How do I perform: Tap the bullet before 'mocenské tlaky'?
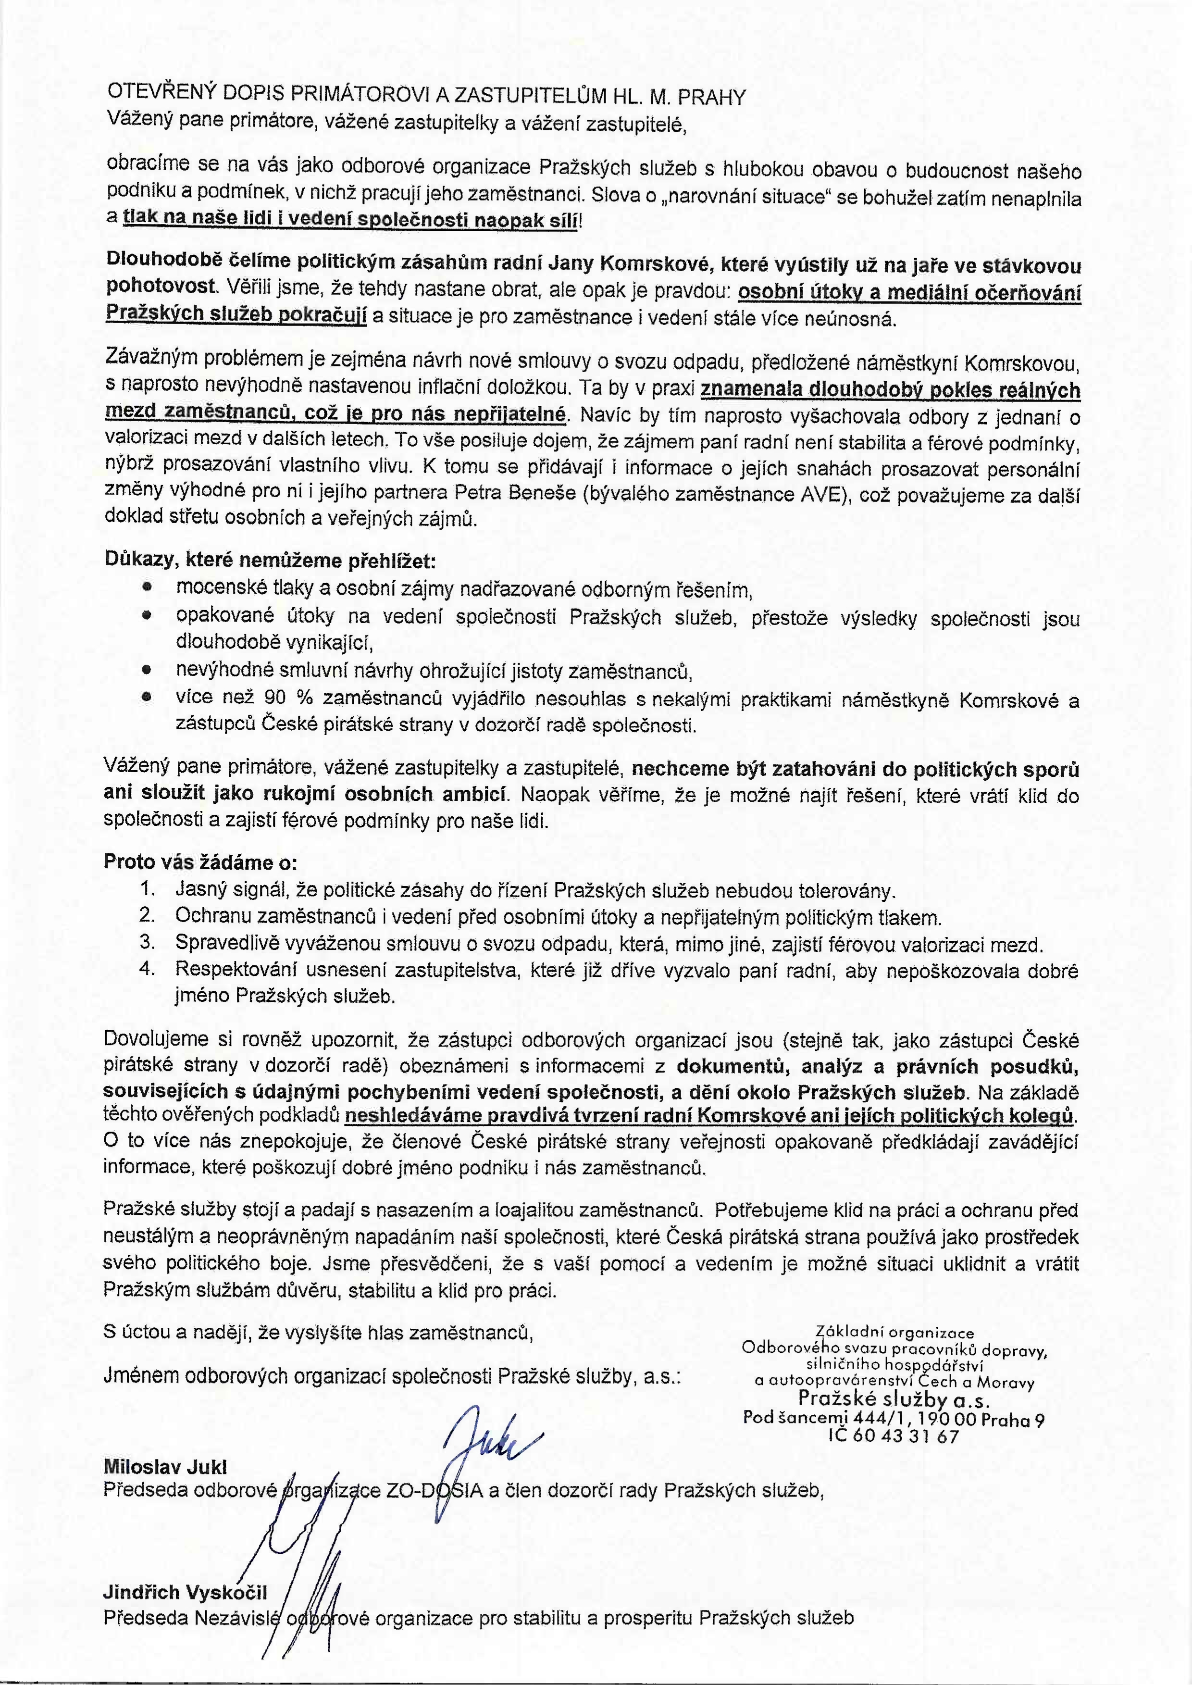(147, 588)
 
